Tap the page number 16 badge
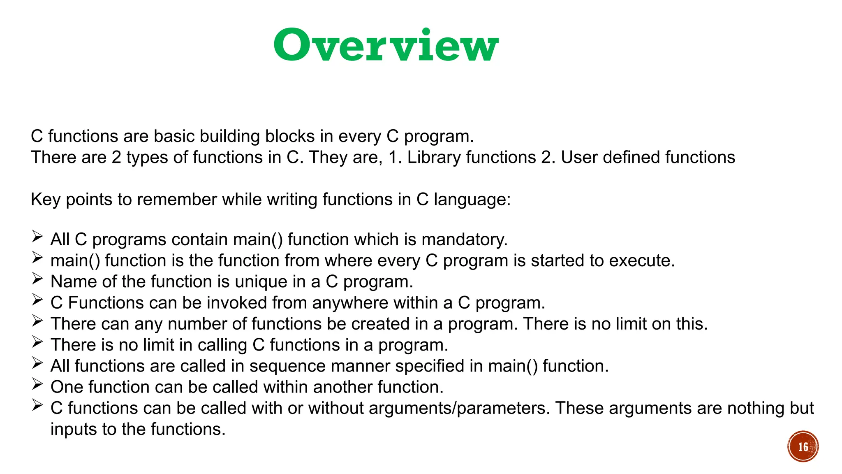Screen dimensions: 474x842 pyautogui.click(x=803, y=447)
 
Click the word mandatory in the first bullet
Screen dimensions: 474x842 pyautogui.click(x=465, y=239)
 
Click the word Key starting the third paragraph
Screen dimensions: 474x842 pyautogui.click(x=45, y=200)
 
